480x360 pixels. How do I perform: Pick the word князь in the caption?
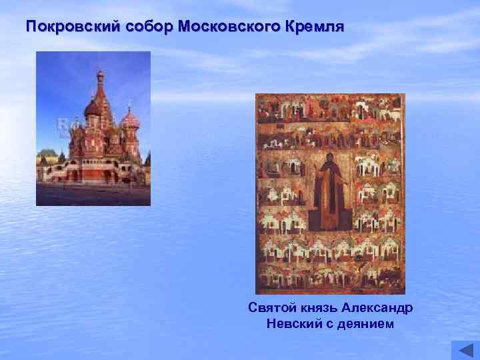click(x=318, y=308)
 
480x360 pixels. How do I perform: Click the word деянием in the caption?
click(x=367, y=324)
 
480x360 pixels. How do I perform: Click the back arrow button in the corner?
click(x=465, y=350)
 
